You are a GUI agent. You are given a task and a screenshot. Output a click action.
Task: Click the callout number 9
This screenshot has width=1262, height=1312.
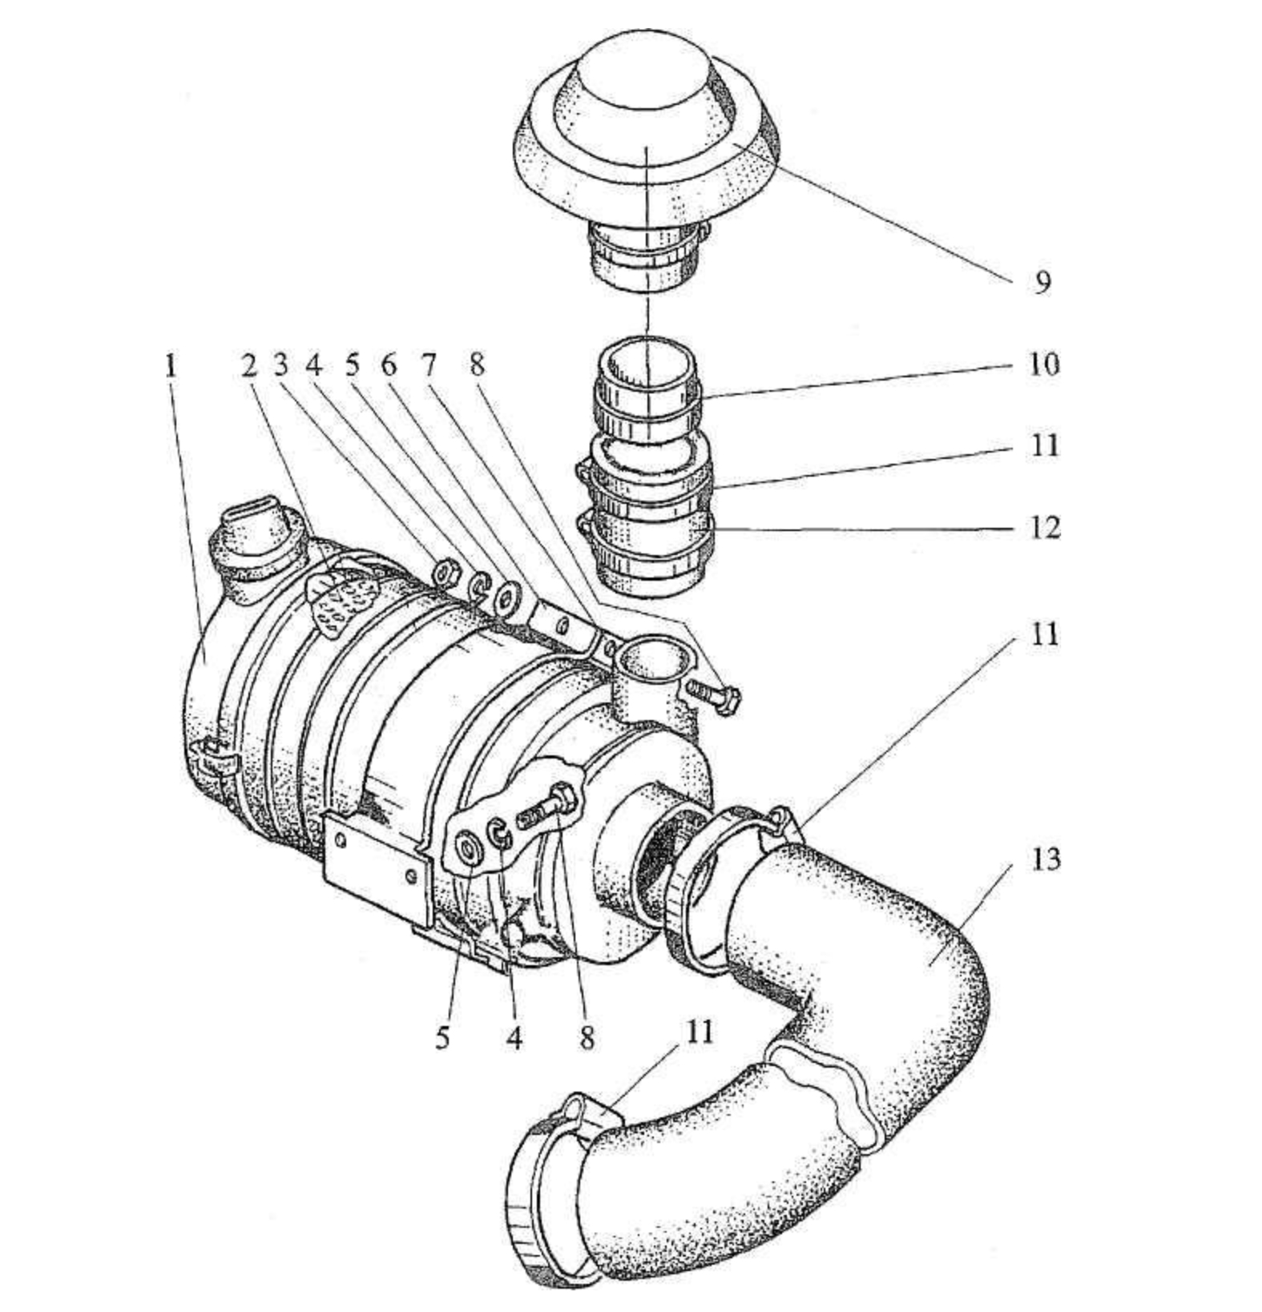(1041, 282)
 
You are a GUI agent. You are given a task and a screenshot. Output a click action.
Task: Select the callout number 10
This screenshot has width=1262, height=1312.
(1044, 364)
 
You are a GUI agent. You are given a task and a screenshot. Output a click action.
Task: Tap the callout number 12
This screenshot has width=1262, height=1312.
(1044, 528)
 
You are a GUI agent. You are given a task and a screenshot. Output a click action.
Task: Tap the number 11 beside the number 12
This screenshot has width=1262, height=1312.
(1044, 445)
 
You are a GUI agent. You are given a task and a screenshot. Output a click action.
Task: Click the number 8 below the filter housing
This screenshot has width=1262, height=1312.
(587, 1038)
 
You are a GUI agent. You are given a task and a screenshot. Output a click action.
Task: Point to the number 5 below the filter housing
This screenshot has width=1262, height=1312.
(443, 1038)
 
